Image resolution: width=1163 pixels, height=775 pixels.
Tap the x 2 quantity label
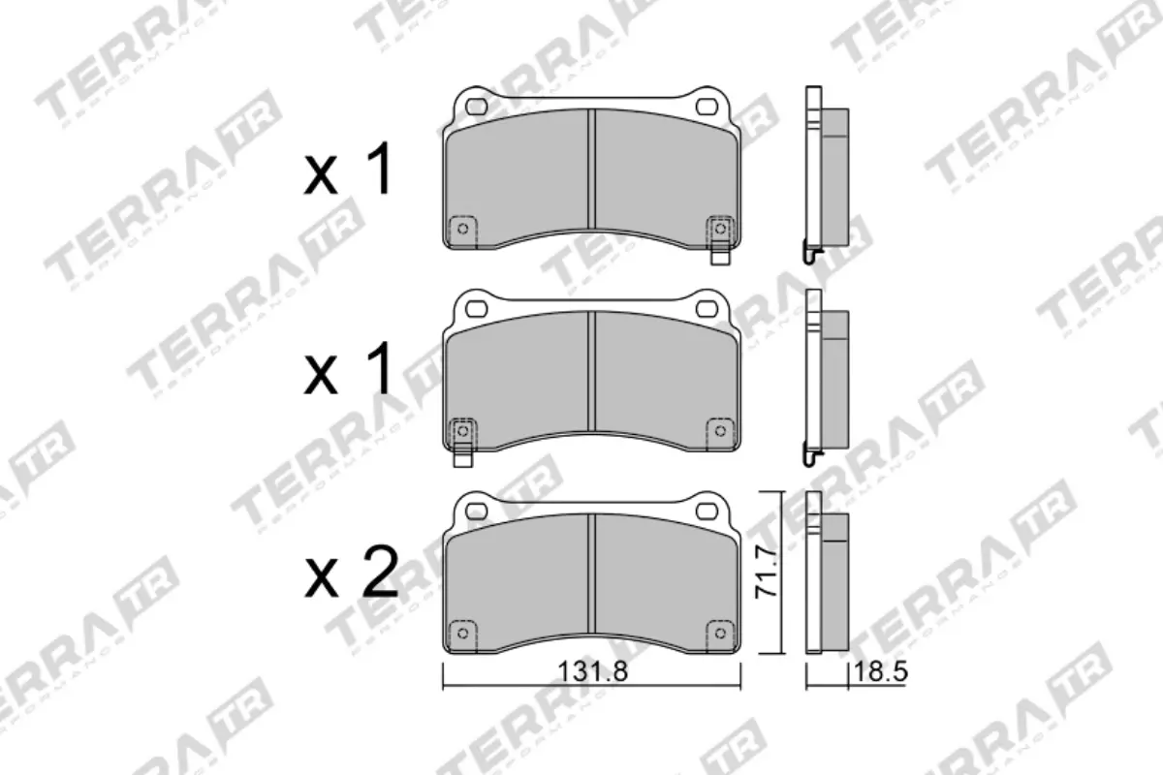click(x=350, y=573)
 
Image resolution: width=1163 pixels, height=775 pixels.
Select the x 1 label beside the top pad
click(x=348, y=172)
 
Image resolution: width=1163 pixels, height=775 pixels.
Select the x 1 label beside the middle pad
click(x=348, y=373)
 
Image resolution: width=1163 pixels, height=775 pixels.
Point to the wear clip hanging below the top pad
click(x=720, y=254)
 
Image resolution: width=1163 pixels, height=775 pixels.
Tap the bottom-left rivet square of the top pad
click(x=462, y=228)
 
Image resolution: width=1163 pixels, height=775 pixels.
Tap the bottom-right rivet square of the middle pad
click(x=720, y=429)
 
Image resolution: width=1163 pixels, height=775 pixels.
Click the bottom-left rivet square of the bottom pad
click(x=462, y=631)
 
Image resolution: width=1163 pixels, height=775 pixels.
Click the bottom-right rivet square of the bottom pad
click(x=720, y=631)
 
